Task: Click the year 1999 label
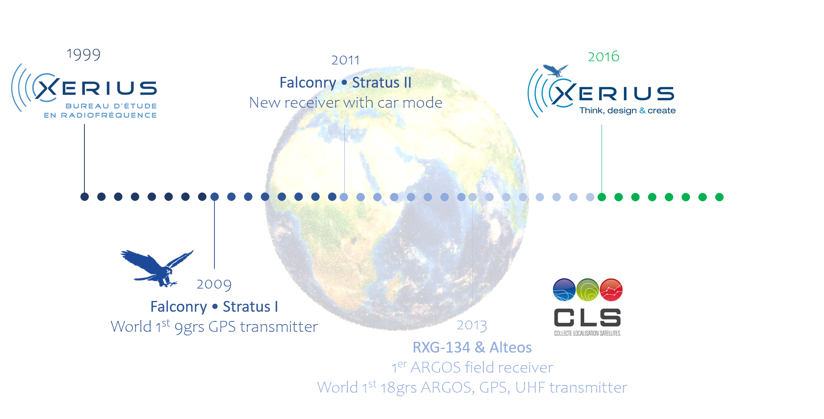[x=83, y=54]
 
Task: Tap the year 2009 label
[x=214, y=285]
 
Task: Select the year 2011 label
[x=346, y=60]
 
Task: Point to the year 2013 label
[x=472, y=325]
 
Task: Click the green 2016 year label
[x=604, y=57]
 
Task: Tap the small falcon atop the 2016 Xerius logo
[x=556, y=71]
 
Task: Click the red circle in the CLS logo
[x=611, y=290]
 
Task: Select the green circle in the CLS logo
[x=588, y=290]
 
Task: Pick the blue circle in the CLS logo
[x=564, y=290]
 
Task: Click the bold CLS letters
[x=587, y=318]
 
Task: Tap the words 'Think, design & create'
[x=627, y=110]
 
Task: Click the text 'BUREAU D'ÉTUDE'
[x=111, y=106]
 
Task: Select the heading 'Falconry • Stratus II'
[x=346, y=82]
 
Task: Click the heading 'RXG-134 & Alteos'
[x=472, y=347]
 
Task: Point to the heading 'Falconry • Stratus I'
[x=214, y=307]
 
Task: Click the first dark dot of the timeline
[x=84, y=196]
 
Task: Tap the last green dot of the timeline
[x=719, y=197]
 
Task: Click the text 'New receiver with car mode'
[x=346, y=103]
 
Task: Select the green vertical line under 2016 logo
[x=602, y=159]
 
